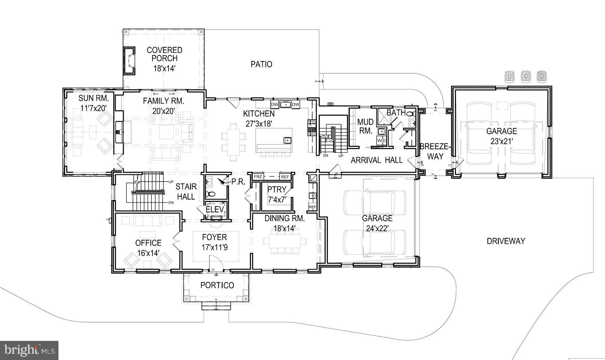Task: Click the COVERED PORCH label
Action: [164, 55]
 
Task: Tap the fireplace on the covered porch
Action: [129, 61]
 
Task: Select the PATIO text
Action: [261, 64]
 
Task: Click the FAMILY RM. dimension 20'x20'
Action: [164, 111]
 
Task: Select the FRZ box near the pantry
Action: [258, 177]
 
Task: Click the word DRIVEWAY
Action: [506, 241]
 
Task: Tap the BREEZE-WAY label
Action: [435, 151]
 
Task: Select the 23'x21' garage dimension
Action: [501, 141]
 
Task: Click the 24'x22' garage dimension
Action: [377, 228]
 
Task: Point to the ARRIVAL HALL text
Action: [376, 160]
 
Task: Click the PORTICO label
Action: [217, 285]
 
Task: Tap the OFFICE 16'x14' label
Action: [149, 248]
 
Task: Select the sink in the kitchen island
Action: [287, 140]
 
